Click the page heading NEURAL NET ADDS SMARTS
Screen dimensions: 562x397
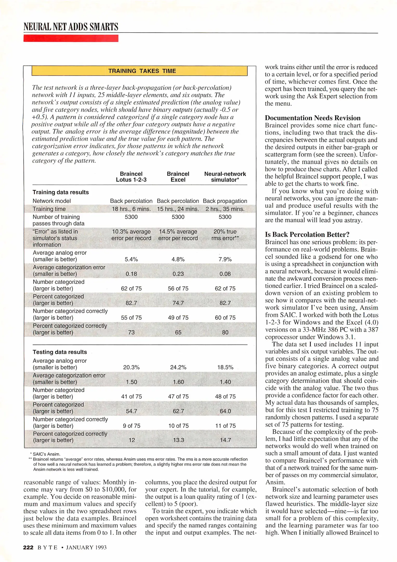(71, 27)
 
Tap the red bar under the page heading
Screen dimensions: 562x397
(71, 38)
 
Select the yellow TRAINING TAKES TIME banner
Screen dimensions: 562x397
(140, 71)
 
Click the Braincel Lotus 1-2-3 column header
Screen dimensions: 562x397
(131, 177)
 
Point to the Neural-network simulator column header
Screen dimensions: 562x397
(225, 177)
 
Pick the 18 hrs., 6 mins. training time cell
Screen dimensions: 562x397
(131, 209)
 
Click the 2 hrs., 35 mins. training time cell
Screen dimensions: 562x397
(225, 209)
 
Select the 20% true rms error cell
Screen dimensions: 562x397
(225, 235)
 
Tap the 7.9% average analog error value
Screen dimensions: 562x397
(225, 259)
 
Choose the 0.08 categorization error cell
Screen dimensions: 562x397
(225, 274)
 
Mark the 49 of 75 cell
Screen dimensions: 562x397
(178, 318)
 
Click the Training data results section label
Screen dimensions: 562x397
(61, 192)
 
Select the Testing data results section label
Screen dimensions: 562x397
(60, 352)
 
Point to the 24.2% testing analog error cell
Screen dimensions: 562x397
(178, 367)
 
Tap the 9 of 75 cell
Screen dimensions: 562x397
(131, 426)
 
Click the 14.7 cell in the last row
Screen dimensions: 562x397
(225, 440)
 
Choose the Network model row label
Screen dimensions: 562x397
(52, 201)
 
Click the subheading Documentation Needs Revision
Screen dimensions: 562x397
(313, 118)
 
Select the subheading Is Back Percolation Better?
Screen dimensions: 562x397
(307, 235)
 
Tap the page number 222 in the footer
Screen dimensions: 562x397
(28, 547)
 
